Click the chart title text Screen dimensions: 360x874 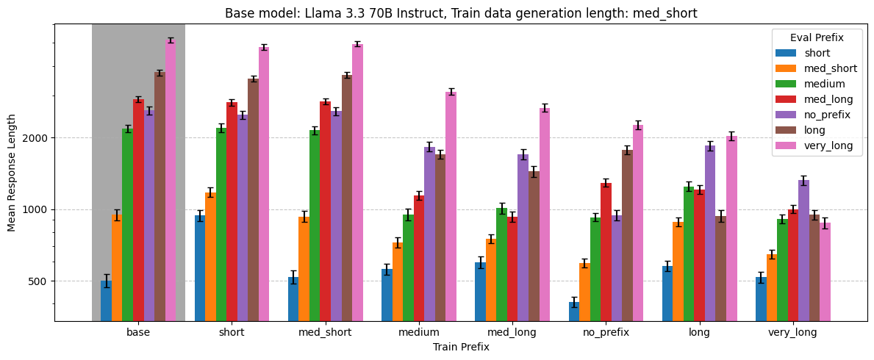coord(461,13)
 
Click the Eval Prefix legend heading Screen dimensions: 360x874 coord(816,37)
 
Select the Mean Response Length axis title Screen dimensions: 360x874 coord(12,173)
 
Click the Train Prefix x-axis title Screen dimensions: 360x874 coord(461,347)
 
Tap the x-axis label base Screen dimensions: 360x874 coord(138,332)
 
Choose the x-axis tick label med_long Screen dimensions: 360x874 coord(512,332)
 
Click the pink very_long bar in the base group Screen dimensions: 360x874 coord(171,180)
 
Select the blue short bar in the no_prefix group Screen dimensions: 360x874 coord(574,312)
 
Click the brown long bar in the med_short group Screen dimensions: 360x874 coord(347,198)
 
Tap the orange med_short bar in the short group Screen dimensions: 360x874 coord(210,256)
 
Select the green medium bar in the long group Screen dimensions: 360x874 coord(689,253)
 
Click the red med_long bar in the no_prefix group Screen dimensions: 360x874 coord(606,251)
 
